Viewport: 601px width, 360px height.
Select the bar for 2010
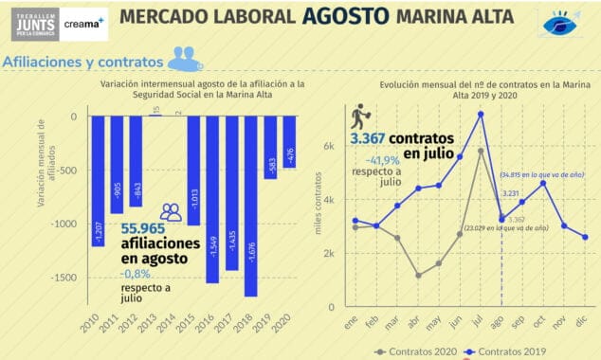[x=96, y=180]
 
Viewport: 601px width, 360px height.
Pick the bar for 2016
[x=211, y=198]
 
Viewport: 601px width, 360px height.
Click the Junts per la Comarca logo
[x=33, y=20]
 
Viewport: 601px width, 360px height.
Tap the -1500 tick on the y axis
[x=64, y=278]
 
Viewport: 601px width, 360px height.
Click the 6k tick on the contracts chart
[x=332, y=146]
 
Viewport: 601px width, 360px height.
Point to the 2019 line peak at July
[x=481, y=114]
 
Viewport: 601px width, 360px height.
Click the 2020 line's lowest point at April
[x=417, y=276]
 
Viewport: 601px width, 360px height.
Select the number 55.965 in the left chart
[x=156, y=228]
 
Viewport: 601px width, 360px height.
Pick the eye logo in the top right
[x=566, y=24]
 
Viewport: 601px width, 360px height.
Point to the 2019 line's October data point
[x=543, y=183]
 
